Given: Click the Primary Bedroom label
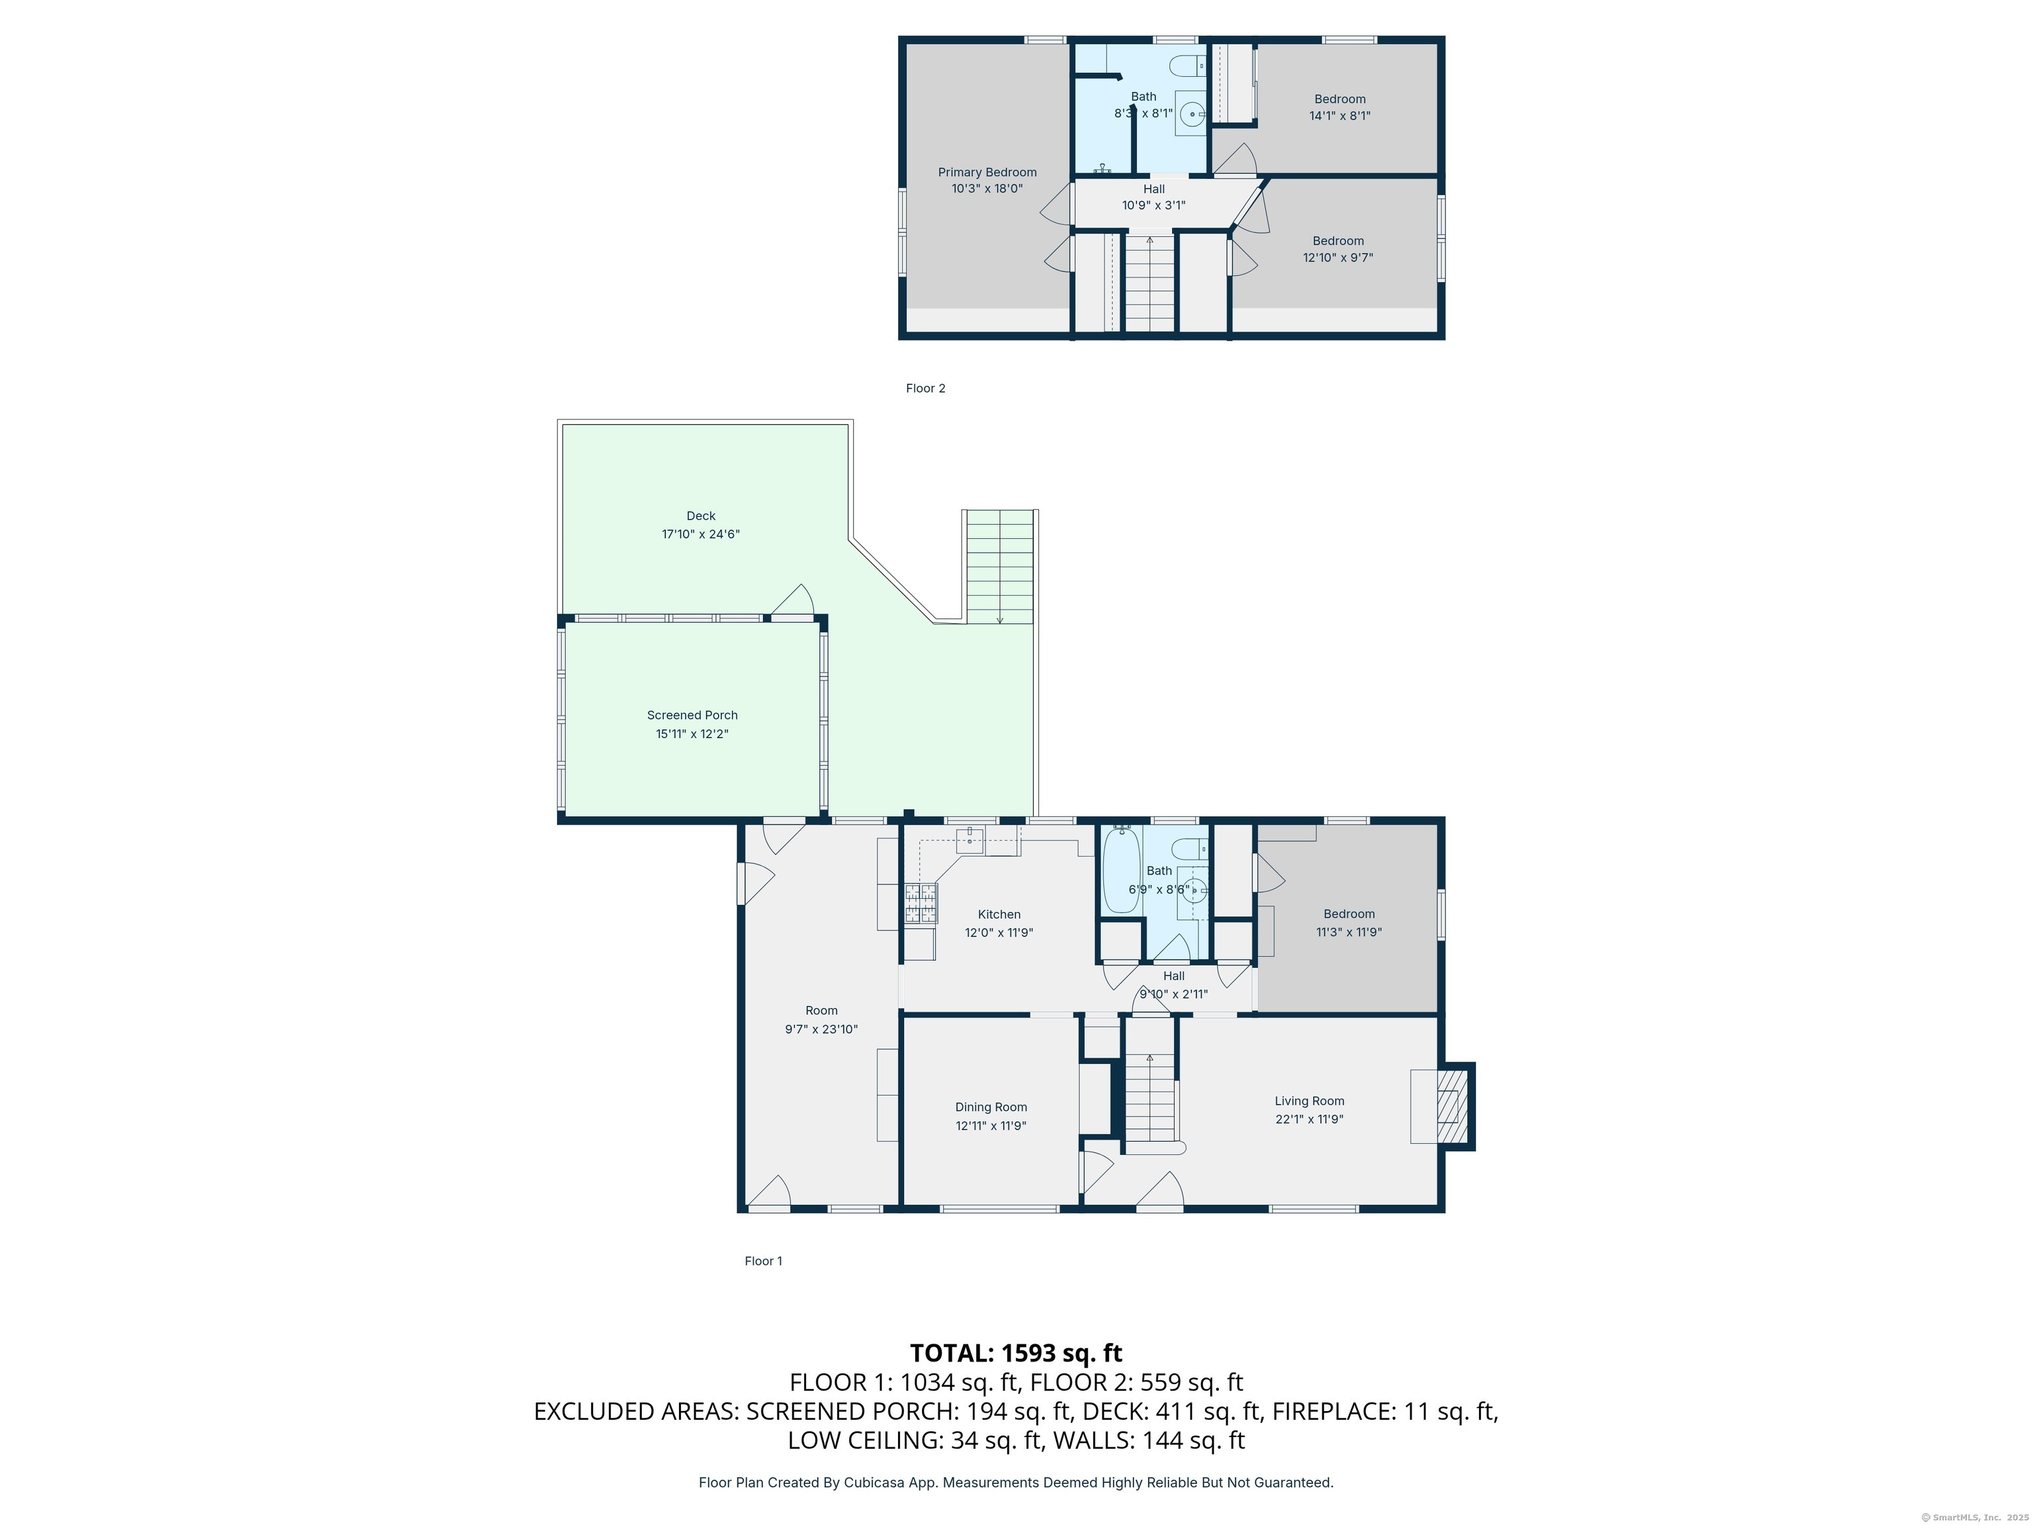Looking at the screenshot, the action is tap(987, 172).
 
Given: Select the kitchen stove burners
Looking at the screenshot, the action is tap(921, 903).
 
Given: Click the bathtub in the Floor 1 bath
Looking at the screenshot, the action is tap(1121, 870).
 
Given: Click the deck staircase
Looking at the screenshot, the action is tap(1000, 567).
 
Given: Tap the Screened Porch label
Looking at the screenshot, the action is tap(692, 715).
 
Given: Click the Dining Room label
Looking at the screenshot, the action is tap(991, 1107).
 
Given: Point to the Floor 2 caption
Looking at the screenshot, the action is tap(926, 388).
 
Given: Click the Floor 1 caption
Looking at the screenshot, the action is tap(763, 1261).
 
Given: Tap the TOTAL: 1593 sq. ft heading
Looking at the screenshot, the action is tap(1016, 1353).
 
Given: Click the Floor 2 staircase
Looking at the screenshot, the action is tap(1150, 283).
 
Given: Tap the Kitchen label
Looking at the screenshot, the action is tap(999, 915).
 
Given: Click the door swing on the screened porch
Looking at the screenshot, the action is tap(792, 600).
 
